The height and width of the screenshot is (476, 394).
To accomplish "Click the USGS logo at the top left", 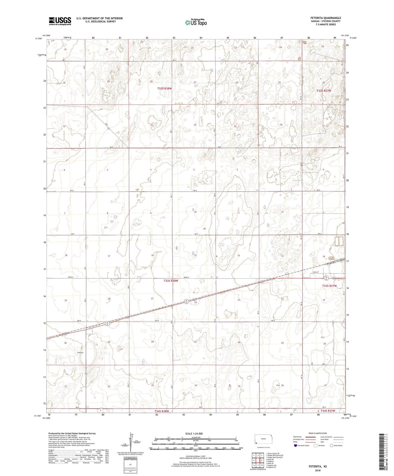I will click(x=60, y=21).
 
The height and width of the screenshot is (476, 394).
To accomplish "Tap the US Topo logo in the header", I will click(x=196, y=22).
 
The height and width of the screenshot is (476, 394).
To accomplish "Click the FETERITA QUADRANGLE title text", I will click(x=326, y=18).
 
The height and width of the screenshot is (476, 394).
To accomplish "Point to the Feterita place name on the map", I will click(x=80, y=353).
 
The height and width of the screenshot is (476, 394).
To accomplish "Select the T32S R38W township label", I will click(x=165, y=88).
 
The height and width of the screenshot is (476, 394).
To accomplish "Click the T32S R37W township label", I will click(x=324, y=91).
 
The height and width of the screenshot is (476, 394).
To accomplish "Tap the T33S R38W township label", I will click(x=169, y=281).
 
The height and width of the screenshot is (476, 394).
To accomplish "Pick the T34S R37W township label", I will click(x=327, y=411).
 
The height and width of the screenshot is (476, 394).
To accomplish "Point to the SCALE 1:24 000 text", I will click(x=194, y=433).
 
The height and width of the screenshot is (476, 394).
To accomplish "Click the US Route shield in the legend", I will click(x=315, y=446).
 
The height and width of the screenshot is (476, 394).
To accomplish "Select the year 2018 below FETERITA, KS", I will click(x=318, y=470).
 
